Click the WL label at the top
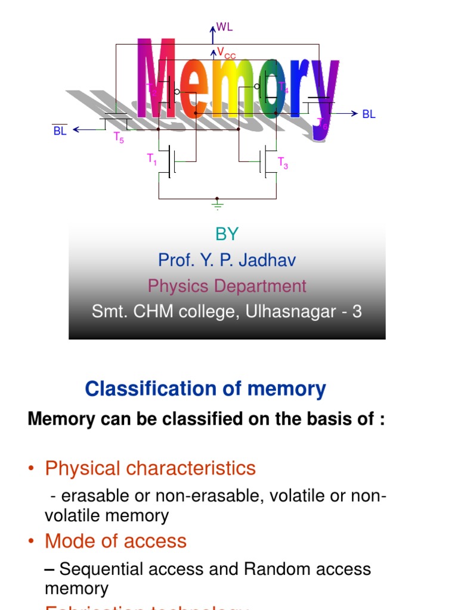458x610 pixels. (224, 27)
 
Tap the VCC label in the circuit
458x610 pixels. (226, 53)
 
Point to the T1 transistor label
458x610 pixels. (152, 158)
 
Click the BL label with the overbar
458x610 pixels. (60, 131)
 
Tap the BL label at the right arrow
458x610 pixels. (369, 114)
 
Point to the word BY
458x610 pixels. (227, 234)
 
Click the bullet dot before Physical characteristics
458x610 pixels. (32, 469)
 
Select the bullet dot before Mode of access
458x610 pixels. (32, 541)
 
